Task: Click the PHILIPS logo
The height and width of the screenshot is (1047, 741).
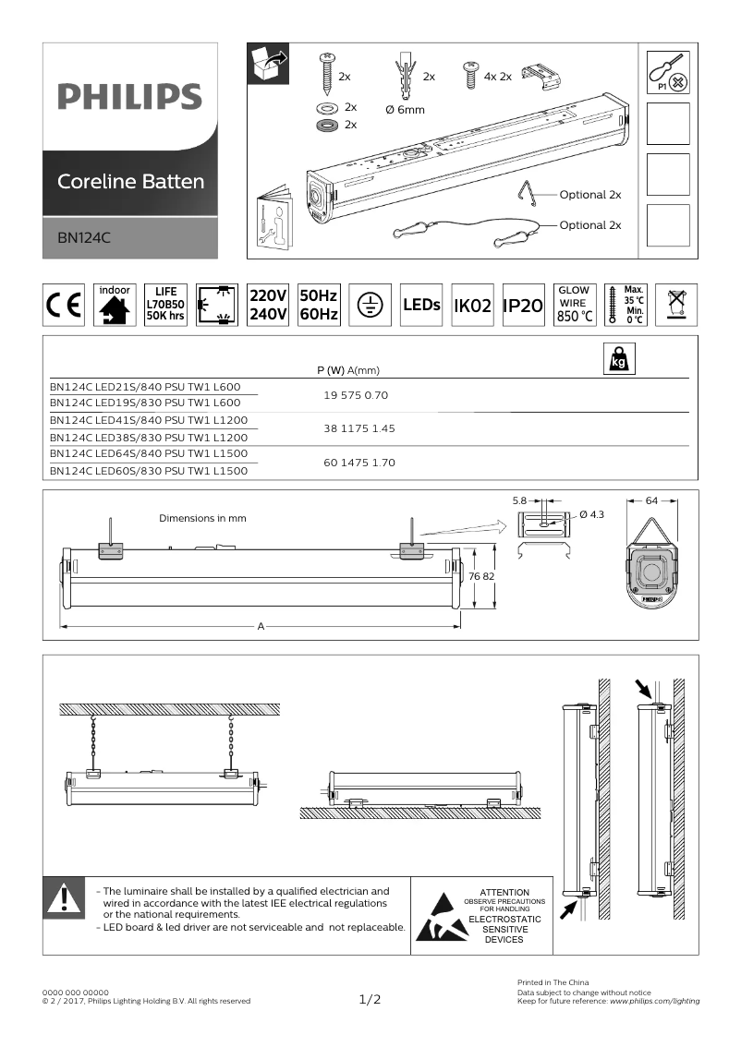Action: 129,96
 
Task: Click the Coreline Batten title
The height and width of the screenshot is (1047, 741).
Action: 130,181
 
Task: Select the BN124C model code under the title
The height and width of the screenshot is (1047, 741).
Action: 84,237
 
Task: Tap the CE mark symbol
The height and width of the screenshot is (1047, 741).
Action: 63,306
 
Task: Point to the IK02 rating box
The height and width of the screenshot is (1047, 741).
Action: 471,306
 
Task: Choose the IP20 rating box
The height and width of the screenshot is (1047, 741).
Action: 521,306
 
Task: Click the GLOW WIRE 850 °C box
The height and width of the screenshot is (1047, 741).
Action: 573,305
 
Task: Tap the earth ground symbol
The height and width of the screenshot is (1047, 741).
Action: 370,306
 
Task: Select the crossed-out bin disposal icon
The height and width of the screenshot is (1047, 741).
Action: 677,305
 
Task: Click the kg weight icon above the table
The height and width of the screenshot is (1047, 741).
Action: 617,358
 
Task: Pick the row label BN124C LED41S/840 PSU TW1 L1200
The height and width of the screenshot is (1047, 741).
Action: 149,420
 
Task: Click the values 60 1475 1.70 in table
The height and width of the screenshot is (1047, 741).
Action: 359,463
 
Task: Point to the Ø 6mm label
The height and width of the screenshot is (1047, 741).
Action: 404,110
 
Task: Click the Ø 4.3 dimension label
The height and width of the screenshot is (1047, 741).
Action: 591,514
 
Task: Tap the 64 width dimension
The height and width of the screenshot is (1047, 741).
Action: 651,500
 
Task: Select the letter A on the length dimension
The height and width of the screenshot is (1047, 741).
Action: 261,626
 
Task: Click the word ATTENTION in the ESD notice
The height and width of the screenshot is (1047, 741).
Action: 504,893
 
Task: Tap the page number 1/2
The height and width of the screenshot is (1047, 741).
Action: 370,999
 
